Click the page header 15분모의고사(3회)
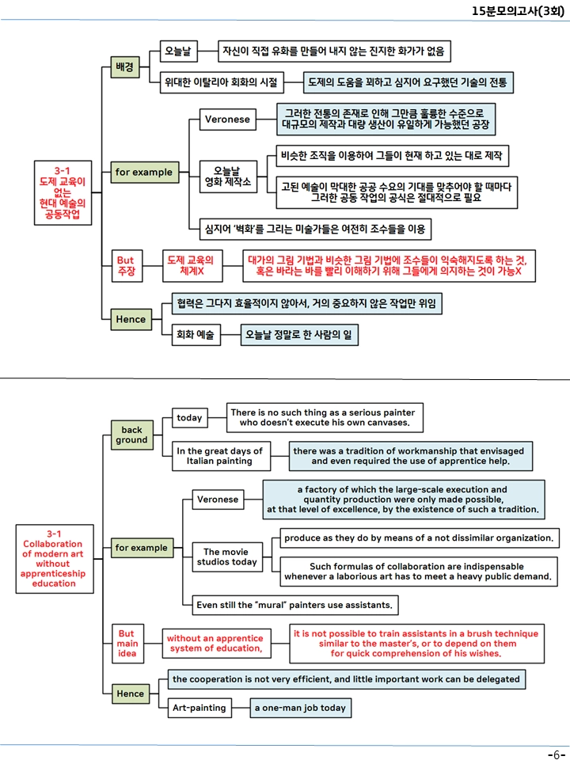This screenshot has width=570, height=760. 518,10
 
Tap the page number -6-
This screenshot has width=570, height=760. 556,754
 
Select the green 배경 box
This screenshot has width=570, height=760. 125,66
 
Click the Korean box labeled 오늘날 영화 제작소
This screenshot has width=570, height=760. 228,177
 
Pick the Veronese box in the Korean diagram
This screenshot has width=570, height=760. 228,120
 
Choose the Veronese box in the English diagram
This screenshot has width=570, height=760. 218,500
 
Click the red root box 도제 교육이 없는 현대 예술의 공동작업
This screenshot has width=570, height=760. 63,193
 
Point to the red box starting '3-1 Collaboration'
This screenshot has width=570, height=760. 55,559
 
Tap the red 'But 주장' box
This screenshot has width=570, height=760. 126,266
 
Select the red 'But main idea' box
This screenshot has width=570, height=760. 127,643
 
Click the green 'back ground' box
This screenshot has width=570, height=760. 132,435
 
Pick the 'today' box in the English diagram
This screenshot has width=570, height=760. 189,418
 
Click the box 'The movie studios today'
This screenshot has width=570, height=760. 227,557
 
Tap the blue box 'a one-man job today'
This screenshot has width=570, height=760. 301,708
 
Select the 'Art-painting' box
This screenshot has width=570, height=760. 199,708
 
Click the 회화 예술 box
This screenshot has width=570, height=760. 196,334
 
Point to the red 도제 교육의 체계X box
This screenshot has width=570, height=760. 192,266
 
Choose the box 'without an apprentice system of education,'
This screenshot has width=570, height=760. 216,643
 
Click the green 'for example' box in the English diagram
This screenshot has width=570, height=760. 142,548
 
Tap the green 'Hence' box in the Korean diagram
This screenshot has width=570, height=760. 131,319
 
